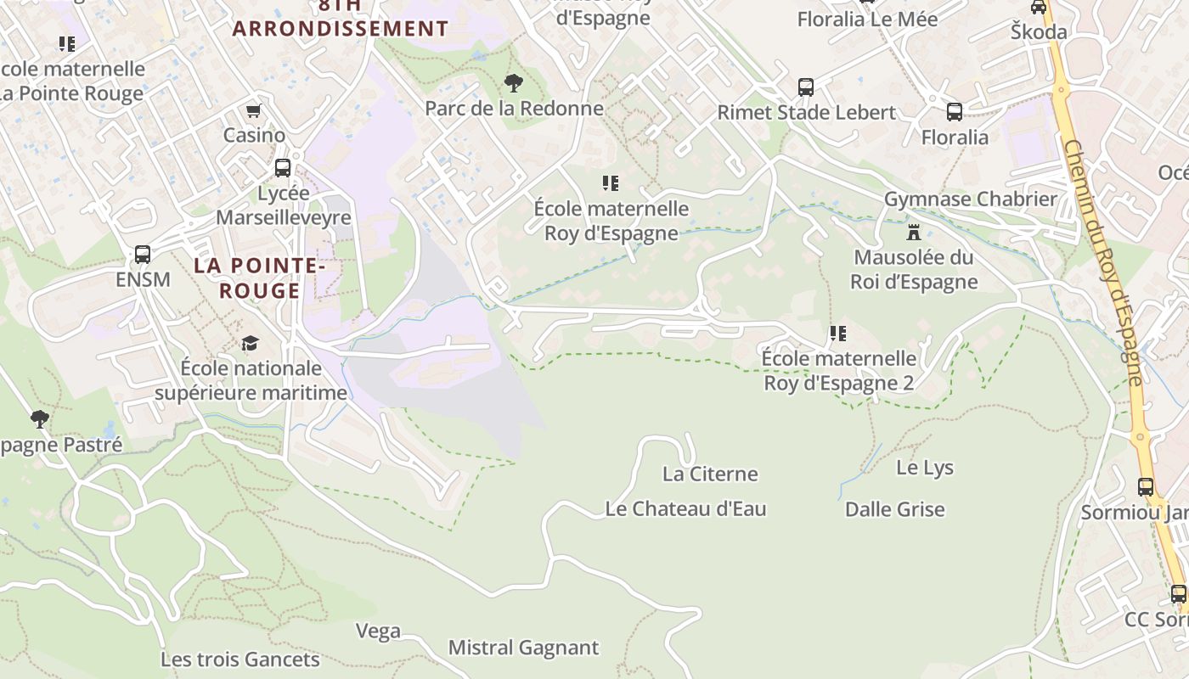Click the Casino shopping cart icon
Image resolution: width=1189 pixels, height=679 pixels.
pyautogui.click(x=253, y=110)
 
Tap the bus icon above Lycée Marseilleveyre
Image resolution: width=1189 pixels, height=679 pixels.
pyautogui.click(x=283, y=168)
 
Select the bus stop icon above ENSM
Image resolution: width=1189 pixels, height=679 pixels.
pyautogui.click(x=143, y=254)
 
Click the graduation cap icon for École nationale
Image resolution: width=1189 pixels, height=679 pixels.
pyautogui.click(x=250, y=343)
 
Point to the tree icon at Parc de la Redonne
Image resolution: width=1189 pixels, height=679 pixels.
pyautogui.click(x=513, y=83)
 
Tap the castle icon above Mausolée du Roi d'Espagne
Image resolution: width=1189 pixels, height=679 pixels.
pyautogui.click(x=914, y=232)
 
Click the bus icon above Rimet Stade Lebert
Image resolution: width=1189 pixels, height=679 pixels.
pyautogui.click(x=805, y=87)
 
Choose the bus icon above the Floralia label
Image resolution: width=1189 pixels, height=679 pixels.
pyautogui.click(x=955, y=112)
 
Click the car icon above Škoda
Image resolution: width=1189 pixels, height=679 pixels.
pyautogui.click(x=1038, y=8)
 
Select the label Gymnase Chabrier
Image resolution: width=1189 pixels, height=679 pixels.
pyautogui.click(x=971, y=199)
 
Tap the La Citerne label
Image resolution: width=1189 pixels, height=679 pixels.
pyautogui.click(x=710, y=474)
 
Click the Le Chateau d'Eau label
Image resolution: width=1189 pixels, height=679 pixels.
pyautogui.click(x=685, y=509)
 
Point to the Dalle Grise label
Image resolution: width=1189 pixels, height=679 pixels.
pyautogui.click(x=894, y=510)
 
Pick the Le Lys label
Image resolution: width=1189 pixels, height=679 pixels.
pyautogui.click(x=925, y=468)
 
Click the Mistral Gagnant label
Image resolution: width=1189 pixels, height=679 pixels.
pyautogui.click(x=523, y=648)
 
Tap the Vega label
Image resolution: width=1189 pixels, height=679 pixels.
pyautogui.click(x=378, y=631)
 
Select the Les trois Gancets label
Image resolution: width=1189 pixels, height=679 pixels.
pyautogui.click(x=240, y=659)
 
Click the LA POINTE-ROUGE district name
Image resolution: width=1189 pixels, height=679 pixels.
pyautogui.click(x=260, y=278)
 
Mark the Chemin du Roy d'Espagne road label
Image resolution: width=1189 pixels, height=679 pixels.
pyautogui.click(x=1102, y=263)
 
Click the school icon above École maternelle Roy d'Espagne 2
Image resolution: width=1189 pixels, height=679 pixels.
pyautogui.click(x=838, y=334)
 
